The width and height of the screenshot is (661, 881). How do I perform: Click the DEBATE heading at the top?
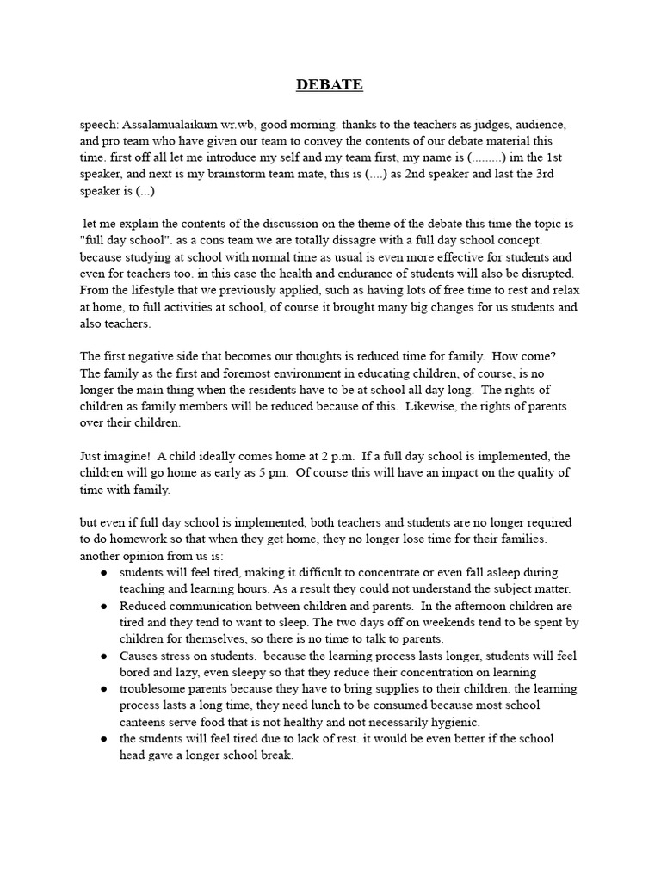click(330, 84)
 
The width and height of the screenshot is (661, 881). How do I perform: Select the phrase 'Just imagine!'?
click(114, 455)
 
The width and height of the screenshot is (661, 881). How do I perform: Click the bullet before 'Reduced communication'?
click(103, 606)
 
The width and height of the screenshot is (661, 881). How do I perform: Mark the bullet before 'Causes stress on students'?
click(103, 656)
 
